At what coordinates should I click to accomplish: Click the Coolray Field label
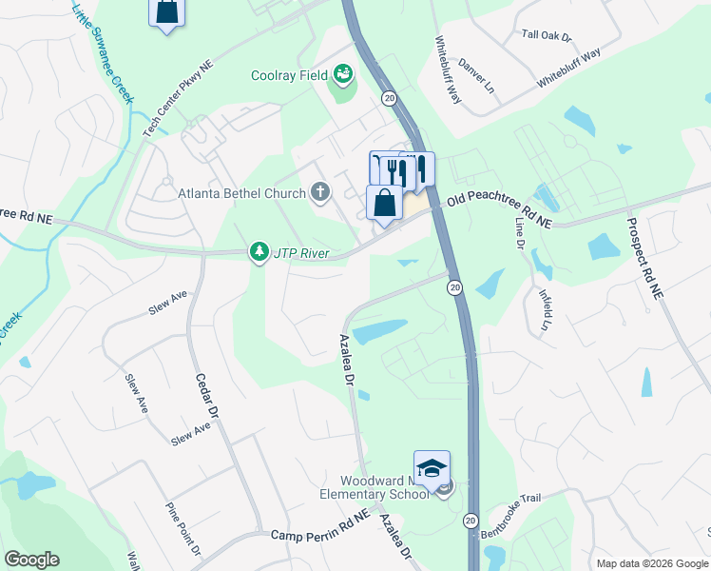click(288, 75)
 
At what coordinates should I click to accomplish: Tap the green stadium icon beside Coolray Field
click(342, 74)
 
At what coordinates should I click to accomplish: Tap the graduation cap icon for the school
click(432, 467)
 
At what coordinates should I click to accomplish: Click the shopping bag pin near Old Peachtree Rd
click(384, 204)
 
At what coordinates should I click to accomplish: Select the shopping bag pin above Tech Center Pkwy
click(167, 11)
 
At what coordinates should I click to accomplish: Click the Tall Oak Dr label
click(547, 36)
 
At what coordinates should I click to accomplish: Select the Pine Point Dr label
click(184, 529)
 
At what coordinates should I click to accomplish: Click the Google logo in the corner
click(30, 560)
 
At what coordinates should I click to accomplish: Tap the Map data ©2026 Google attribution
click(651, 563)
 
